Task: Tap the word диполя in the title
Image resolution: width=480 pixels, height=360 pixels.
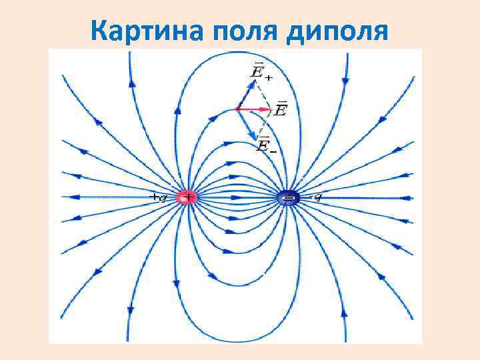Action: coord(337,31)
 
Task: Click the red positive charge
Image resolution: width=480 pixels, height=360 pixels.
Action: coord(187,198)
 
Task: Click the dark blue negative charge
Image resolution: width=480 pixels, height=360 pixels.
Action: coord(288,198)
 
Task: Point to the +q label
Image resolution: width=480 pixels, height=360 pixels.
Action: coord(158,197)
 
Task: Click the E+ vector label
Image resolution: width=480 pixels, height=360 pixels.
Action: coord(260,71)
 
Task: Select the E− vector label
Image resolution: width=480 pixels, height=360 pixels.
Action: coord(265,146)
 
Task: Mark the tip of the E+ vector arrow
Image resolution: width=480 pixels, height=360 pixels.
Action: coord(254,81)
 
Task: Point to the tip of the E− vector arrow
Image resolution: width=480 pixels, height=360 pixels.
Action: coord(255,138)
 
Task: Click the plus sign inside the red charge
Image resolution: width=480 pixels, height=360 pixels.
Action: coord(188,198)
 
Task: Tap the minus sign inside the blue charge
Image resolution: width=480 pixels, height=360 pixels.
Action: coord(288,198)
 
